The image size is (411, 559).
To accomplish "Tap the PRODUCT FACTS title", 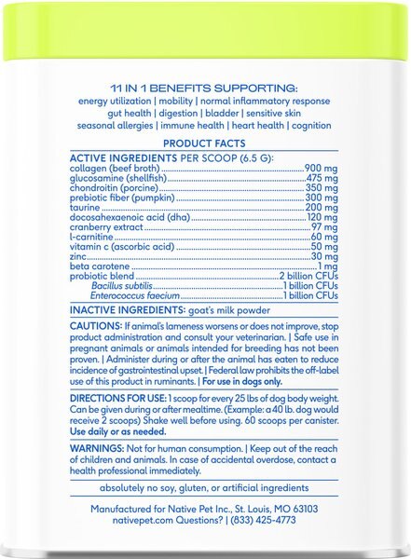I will click(x=205, y=143).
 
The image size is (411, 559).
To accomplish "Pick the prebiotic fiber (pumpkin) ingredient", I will click(x=123, y=199).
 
